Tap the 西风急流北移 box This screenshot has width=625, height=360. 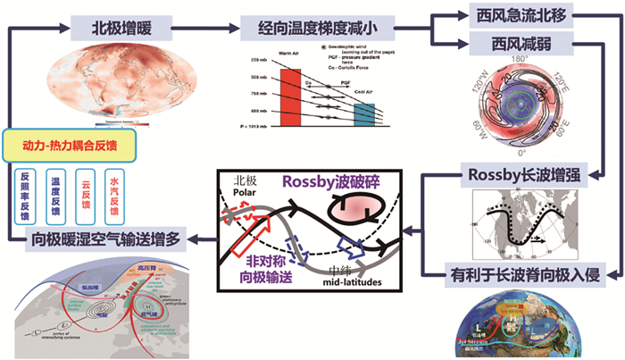pos(521,15)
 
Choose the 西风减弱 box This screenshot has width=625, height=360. pos(521,42)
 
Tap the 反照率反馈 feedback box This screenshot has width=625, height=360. pos(27,191)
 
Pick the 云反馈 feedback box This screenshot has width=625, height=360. pos(86,191)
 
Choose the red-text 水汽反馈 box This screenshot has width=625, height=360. pos(114,191)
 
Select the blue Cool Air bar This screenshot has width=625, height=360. pos(364,114)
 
